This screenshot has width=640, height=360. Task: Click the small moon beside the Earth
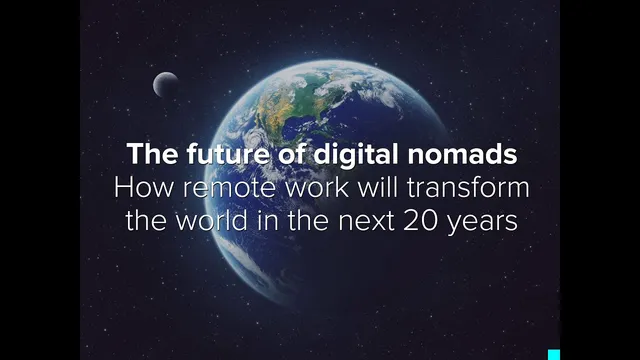coord(166,84)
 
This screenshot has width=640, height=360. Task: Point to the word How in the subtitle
coord(137,188)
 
